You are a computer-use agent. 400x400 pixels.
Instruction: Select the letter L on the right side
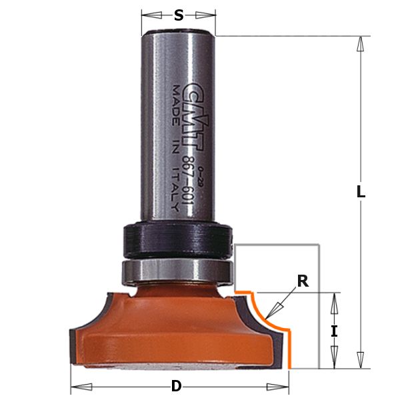pyautogui.click(x=361, y=192)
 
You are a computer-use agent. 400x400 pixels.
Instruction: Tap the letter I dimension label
pyautogui.click(x=335, y=330)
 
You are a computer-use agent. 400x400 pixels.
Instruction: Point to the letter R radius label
pyautogui.click(x=303, y=281)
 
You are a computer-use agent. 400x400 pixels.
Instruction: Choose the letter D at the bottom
pyautogui.click(x=177, y=386)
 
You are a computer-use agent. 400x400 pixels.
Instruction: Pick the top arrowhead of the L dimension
pyautogui.click(x=361, y=44)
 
